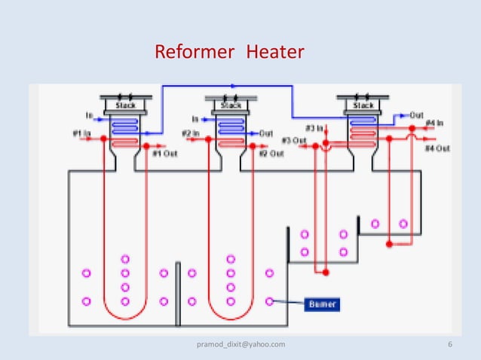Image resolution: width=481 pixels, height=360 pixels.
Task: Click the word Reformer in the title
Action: pos(188,52)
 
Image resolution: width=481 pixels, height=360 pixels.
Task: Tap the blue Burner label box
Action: pos(322,304)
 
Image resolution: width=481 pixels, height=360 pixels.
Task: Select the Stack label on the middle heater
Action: pos(231,105)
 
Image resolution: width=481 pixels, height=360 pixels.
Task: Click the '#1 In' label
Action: pos(81,134)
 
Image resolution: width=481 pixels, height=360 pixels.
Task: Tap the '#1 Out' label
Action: pos(164,154)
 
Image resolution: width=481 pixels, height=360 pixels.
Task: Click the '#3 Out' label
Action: pos(293,141)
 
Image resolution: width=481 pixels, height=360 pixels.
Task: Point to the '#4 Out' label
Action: pos(437,148)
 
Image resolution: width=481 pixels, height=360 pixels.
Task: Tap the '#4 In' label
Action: pos(434,122)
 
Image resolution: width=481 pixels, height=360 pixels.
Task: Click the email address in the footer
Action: pos(240,344)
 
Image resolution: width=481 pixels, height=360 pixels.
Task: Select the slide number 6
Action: pos(449,344)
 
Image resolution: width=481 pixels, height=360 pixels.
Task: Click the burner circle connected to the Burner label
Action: pos(270,301)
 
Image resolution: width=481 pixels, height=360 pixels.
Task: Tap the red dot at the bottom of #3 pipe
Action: pos(325,271)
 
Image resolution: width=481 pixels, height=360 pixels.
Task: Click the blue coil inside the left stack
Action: pos(124,124)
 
